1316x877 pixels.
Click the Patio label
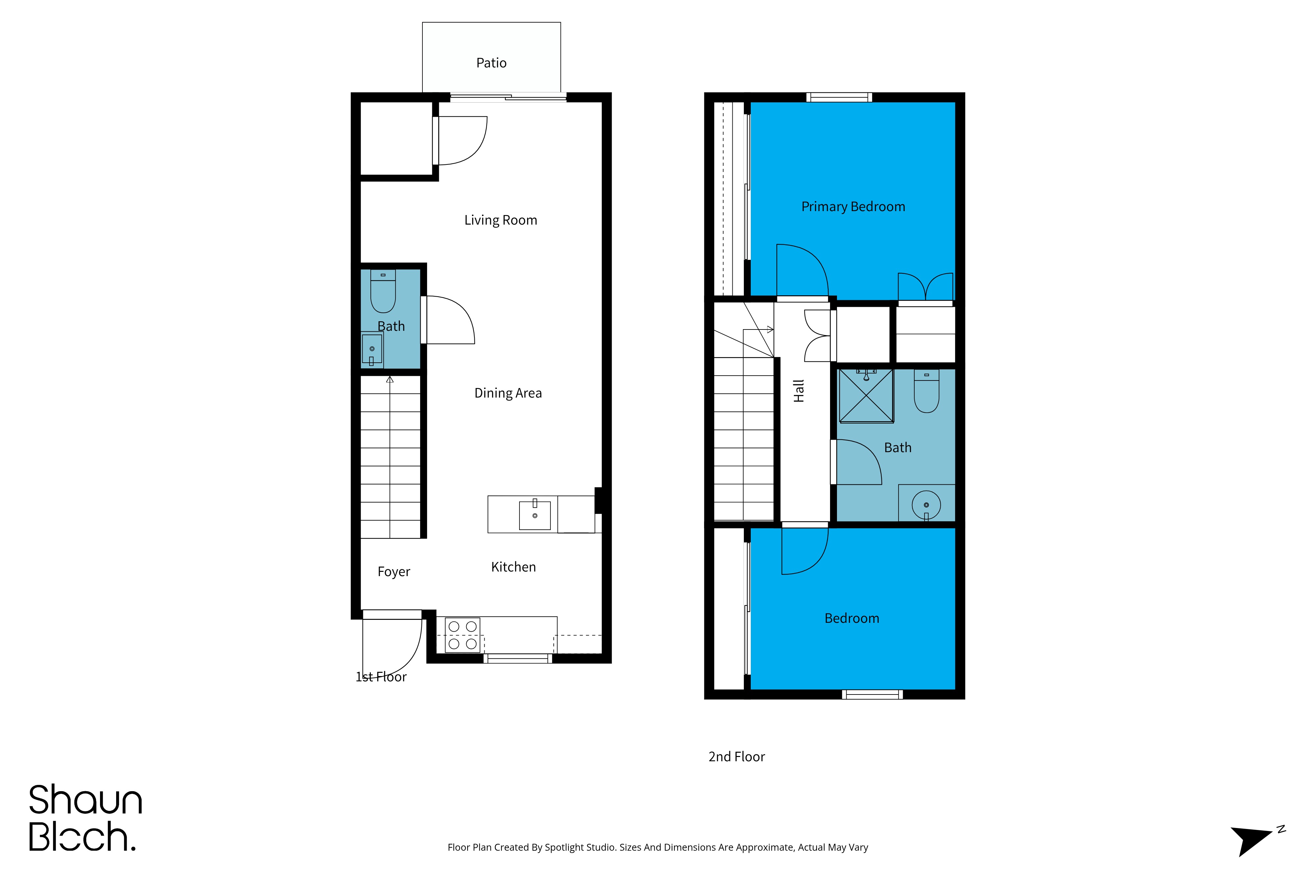click(491, 62)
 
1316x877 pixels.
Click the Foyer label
click(394, 572)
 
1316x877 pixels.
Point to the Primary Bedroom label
click(853, 207)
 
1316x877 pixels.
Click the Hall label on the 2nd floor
click(799, 391)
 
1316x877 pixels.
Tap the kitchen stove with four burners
click(463, 635)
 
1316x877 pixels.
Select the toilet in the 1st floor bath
click(383, 291)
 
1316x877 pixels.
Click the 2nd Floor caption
click(736, 757)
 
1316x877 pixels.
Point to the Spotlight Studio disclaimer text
click(658, 847)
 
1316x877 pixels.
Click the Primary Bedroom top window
click(839, 97)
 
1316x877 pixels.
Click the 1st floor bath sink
click(372, 349)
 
